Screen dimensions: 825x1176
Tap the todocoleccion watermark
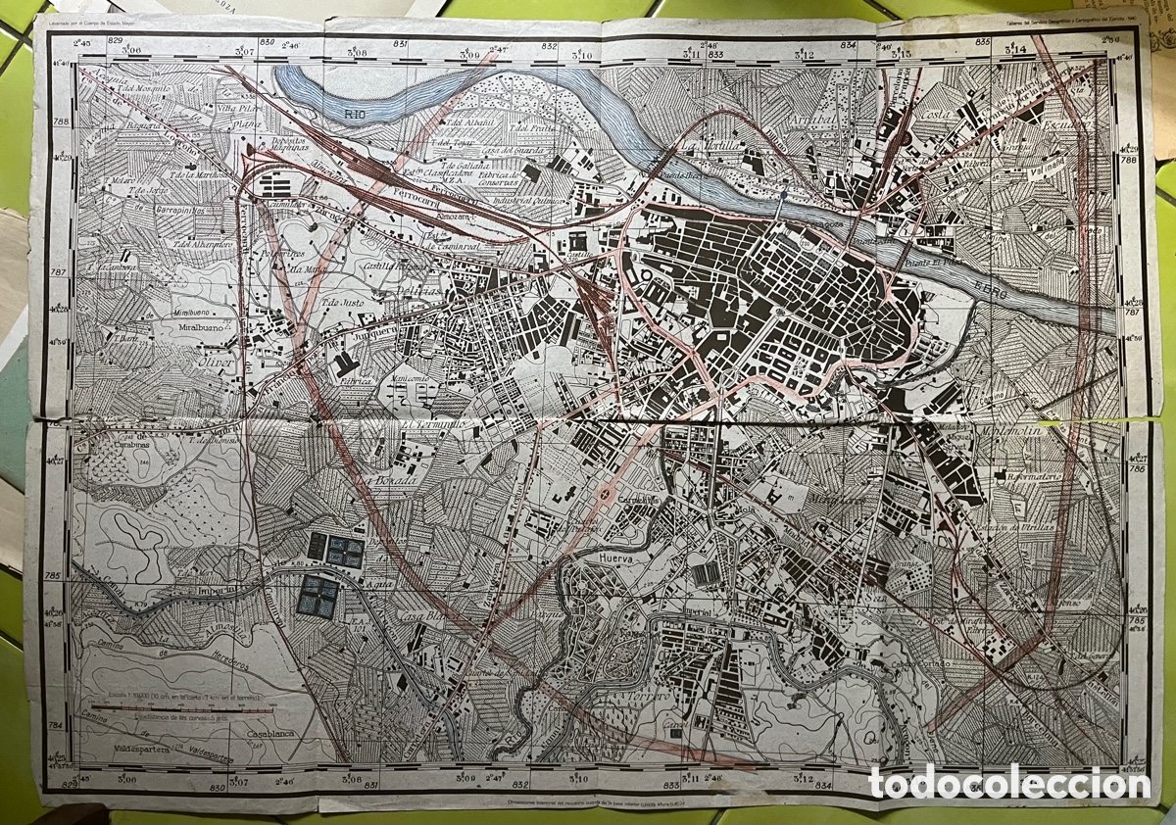(1009, 783)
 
